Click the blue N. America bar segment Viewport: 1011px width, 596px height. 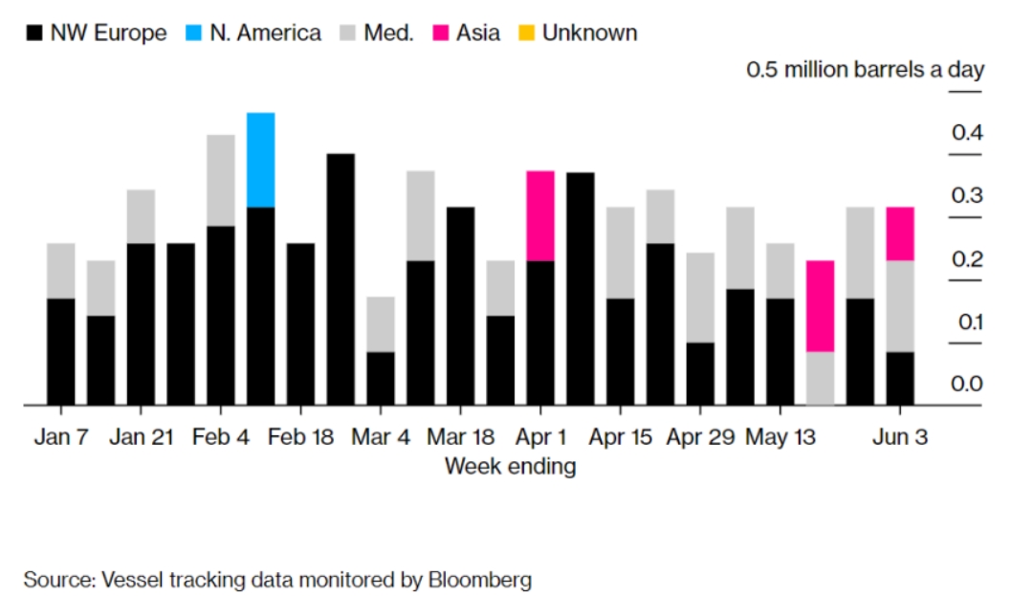click(260, 160)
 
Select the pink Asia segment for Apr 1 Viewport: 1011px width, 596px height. click(540, 215)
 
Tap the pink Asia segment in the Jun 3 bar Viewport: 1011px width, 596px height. click(899, 233)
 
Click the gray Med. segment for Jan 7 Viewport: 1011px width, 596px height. click(61, 271)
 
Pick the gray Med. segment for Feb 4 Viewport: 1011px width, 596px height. click(221, 180)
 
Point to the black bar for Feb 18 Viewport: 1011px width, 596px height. click(300, 323)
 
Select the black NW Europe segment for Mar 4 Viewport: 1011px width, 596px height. click(381, 378)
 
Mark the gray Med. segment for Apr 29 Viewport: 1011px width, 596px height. click(700, 298)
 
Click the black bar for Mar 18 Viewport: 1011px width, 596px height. click(460, 305)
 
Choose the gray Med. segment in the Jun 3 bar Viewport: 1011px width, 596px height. click(899, 306)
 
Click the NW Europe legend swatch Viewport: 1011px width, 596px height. click(35, 33)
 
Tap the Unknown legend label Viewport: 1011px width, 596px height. click(589, 33)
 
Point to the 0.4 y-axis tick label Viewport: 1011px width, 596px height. click(967, 133)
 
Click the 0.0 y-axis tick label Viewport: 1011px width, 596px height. click(967, 384)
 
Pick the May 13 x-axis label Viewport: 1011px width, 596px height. click(780, 437)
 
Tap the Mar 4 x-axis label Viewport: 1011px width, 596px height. click(381, 437)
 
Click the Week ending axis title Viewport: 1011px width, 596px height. click(510, 467)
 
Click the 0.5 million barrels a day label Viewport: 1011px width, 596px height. click(865, 71)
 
